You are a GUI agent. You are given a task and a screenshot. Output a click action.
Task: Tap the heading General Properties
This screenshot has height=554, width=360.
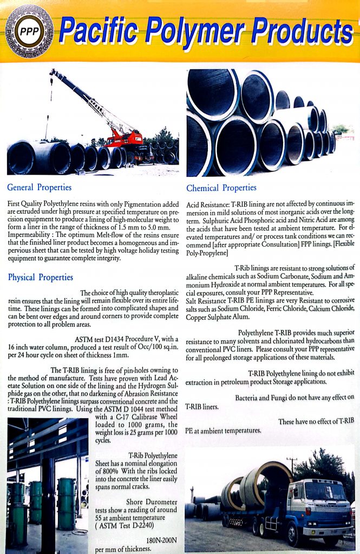pyautogui.click(x=39, y=188)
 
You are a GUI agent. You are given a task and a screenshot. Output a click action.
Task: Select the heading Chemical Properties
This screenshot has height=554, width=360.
pyautogui.click(x=221, y=188)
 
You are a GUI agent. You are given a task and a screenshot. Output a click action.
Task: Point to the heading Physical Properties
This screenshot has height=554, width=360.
pyautogui.click(x=41, y=278)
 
